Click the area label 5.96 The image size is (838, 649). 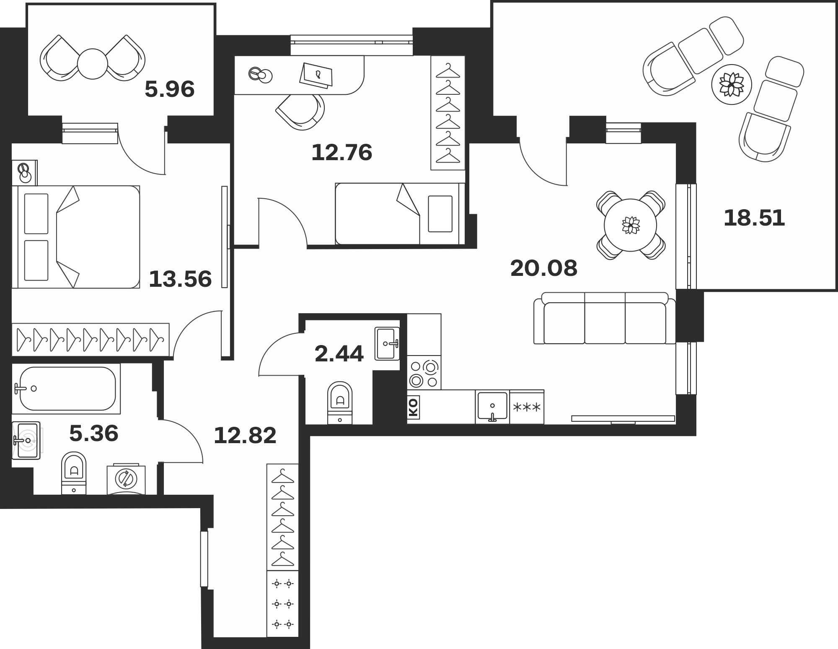[x=170, y=89]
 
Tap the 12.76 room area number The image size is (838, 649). [x=342, y=152]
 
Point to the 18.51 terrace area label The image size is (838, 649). [x=754, y=218]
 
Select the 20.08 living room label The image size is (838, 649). [x=544, y=268]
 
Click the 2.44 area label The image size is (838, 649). [x=339, y=354]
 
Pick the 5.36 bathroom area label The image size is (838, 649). [x=94, y=434]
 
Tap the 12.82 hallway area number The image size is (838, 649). [x=245, y=436]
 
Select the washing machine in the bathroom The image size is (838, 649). [x=126, y=479]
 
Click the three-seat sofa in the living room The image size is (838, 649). [x=605, y=318]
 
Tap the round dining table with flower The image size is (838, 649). [x=630, y=225]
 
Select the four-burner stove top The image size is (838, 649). [x=424, y=373]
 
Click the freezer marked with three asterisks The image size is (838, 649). [x=527, y=407]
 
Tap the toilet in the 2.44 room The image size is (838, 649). [x=340, y=402]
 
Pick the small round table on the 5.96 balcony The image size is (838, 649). [x=93, y=64]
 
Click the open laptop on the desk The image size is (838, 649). [x=317, y=75]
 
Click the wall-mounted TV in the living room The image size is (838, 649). [x=623, y=419]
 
